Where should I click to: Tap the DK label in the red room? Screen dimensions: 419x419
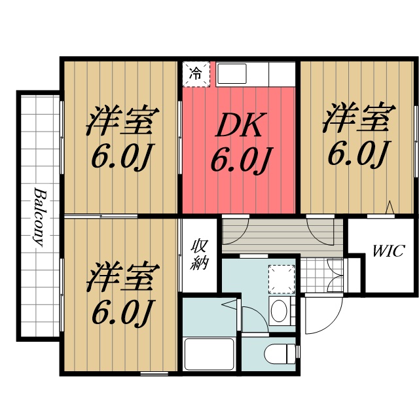(240, 126)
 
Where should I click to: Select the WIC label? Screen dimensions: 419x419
(389, 251)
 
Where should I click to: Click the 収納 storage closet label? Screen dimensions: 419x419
(199, 255)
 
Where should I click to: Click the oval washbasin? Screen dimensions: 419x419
(280, 310)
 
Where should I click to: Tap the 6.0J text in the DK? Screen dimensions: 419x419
(240, 160)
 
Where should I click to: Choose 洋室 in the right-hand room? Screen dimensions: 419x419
(357, 118)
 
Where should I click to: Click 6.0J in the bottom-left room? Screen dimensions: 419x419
(122, 313)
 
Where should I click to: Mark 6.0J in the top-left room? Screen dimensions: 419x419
(123, 155)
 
